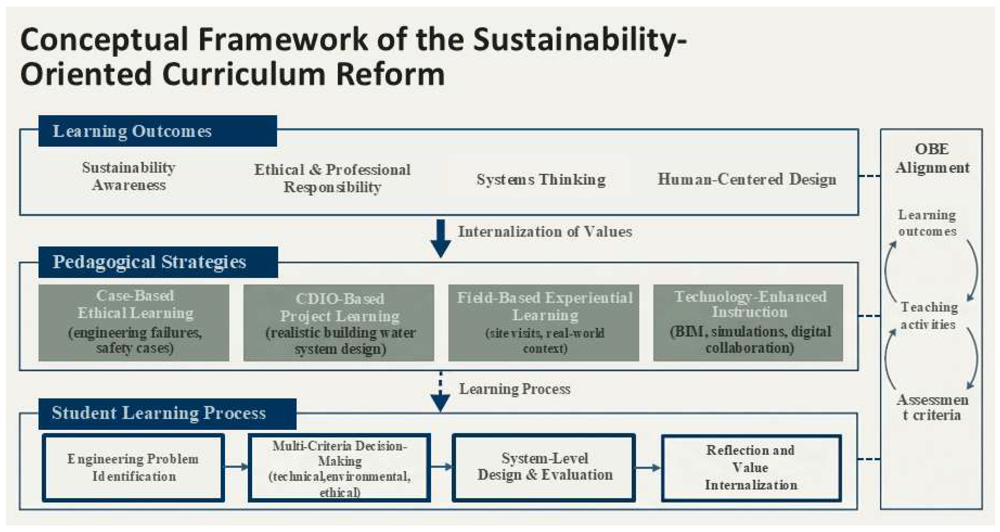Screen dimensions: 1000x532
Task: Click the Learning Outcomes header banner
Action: (x=158, y=131)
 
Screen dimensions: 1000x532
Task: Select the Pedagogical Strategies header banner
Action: (x=158, y=262)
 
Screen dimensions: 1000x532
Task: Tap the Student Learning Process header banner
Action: (x=167, y=414)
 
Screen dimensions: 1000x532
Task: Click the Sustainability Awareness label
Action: (x=129, y=176)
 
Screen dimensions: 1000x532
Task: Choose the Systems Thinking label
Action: (x=541, y=179)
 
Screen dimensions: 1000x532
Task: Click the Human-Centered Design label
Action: (x=747, y=179)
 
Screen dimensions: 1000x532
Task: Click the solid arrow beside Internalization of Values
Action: (x=441, y=238)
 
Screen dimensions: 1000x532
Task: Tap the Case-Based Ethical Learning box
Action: (x=134, y=323)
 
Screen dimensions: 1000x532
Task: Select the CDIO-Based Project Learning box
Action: (x=339, y=323)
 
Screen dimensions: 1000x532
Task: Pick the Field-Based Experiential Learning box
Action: (x=544, y=323)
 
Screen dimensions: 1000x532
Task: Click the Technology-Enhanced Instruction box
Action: (x=748, y=323)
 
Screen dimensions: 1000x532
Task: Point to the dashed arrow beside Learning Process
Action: (x=441, y=392)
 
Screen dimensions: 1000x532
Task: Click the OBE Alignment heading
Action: (x=932, y=158)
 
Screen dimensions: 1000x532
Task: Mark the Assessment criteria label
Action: (x=932, y=407)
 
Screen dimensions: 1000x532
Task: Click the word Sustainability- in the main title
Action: (x=580, y=40)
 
